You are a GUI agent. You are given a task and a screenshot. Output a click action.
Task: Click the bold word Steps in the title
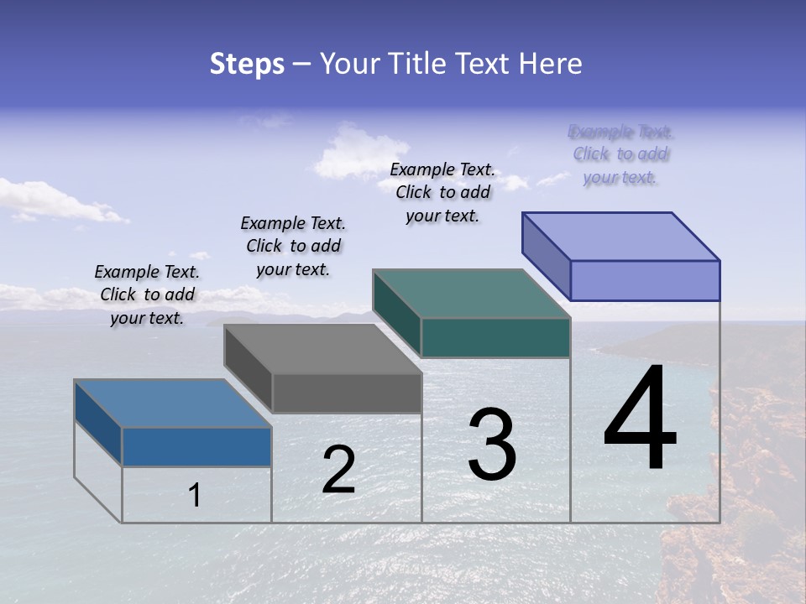pos(247,64)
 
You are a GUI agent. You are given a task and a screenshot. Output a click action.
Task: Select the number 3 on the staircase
pos(492,445)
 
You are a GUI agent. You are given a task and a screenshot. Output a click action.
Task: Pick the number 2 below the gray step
pos(338,470)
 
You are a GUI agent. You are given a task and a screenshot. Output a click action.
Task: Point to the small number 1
pos(194,495)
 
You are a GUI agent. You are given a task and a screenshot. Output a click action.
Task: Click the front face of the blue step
pos(196,446)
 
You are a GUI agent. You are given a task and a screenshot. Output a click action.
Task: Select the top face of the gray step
pos(323,349)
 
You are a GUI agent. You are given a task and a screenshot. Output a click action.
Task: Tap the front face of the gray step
pos(347,393)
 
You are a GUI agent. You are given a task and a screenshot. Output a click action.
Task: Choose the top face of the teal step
pos(472,294)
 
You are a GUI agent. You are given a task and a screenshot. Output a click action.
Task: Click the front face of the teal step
pos(495,337)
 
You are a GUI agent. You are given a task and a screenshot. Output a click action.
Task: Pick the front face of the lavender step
pos(645,280)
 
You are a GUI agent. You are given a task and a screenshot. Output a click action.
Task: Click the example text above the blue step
pos(147,294)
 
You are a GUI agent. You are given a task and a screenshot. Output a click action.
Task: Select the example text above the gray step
pos(293,246)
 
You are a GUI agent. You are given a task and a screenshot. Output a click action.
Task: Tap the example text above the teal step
pos(442,192)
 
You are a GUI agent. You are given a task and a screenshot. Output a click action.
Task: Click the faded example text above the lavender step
pos(620,154)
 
